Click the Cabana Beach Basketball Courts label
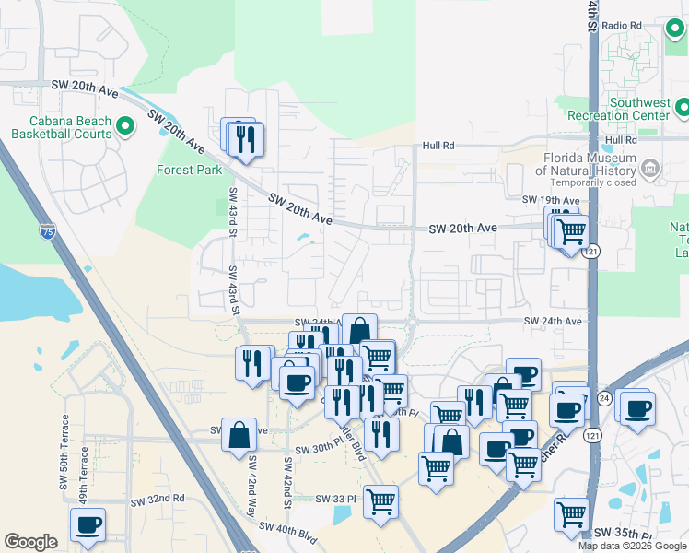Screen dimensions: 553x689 click(62, 127)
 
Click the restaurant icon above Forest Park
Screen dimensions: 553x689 click(245, 140)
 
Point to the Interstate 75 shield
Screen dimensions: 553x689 click(47, 230)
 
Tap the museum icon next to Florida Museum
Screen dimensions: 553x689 click(651, 168)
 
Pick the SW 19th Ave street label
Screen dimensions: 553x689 click(550, 200)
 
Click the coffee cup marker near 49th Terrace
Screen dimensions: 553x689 click(88, 525)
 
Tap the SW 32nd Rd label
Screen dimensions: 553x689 click(157, 500)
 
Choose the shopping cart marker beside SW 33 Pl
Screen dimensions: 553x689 click(380, 502)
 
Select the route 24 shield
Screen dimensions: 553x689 click(603, 397)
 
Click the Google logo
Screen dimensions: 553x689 click(30, 542)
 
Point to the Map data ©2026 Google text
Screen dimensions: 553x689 click(632, 546)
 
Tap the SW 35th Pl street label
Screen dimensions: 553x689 click(623, 534)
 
